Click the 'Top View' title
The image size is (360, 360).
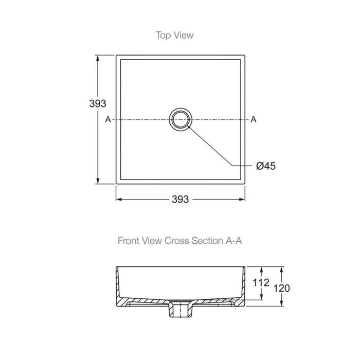tap(174, 35)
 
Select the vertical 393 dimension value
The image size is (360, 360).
tap(98, 103)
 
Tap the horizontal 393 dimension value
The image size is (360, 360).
tap(180, 199)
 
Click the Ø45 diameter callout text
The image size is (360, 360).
tap(266, 166)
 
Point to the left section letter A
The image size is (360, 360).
tap(108, 119)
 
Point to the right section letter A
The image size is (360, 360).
tap(253, 119)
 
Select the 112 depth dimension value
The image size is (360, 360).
tap(261, 282)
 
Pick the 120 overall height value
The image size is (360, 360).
tap(281, 288)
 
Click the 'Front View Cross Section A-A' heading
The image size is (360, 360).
tap(180, 241)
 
